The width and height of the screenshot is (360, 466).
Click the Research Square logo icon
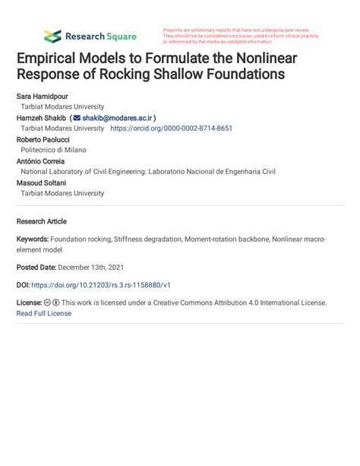point(52,36)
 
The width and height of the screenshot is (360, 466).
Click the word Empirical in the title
point(50,59)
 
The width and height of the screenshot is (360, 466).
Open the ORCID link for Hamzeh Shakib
point(171,129)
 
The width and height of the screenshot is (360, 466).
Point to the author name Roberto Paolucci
point(44,140)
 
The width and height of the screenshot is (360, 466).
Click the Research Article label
point(41,221)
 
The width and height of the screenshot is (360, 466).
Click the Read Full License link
point(43,313)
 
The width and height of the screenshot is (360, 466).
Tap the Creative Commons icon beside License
point(47,303)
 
